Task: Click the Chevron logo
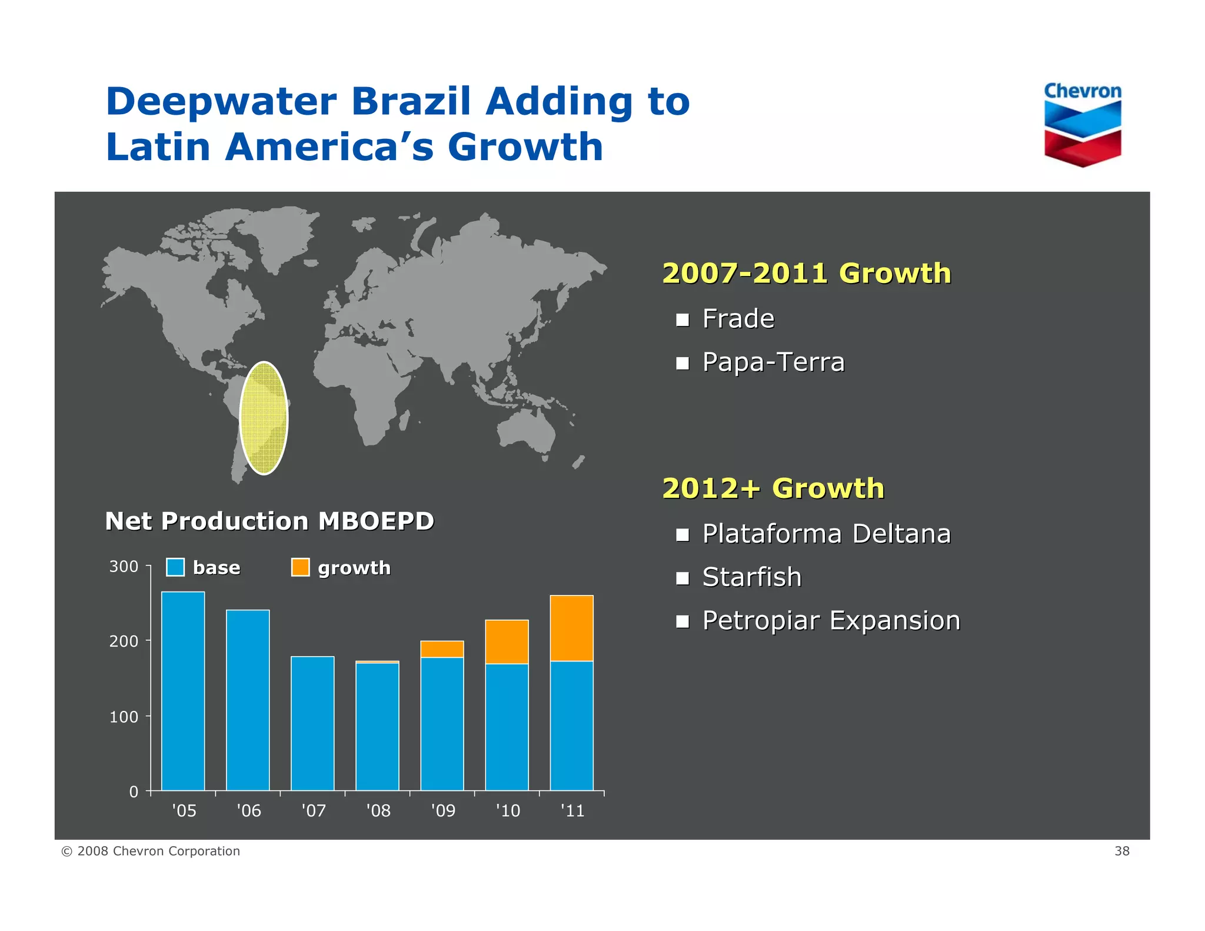[1082, 125]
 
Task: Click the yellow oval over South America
[264, 418]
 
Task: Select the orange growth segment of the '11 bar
[571, 628]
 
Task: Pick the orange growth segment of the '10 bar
[507, 641]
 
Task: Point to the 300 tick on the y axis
[124, 567]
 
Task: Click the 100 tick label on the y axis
[124, 717]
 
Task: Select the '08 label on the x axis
[378, 811]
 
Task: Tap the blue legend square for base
[175, 567]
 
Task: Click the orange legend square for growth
[300, 567]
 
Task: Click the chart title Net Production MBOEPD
[269, 521]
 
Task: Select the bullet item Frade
[738, 319]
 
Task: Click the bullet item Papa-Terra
[773, 363]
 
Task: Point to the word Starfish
[751, 577]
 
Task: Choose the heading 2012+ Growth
[773, 488]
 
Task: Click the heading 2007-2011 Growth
[806, 274]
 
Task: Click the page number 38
[1121, 851]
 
